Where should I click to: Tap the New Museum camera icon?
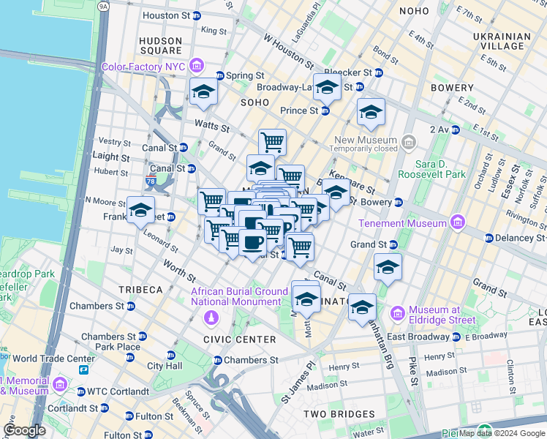point(408,140)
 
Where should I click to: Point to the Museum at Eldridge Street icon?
point(398,313)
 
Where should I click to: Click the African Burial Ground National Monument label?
point(239,296)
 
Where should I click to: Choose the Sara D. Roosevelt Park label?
point(440,170)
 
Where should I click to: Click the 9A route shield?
point(103,7)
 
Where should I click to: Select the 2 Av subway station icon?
point(455,130)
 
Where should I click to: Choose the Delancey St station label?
point(521,238)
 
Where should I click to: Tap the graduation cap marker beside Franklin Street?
point(140,211)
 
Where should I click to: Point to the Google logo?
point(25,429)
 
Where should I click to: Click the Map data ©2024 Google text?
point(502,434)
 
